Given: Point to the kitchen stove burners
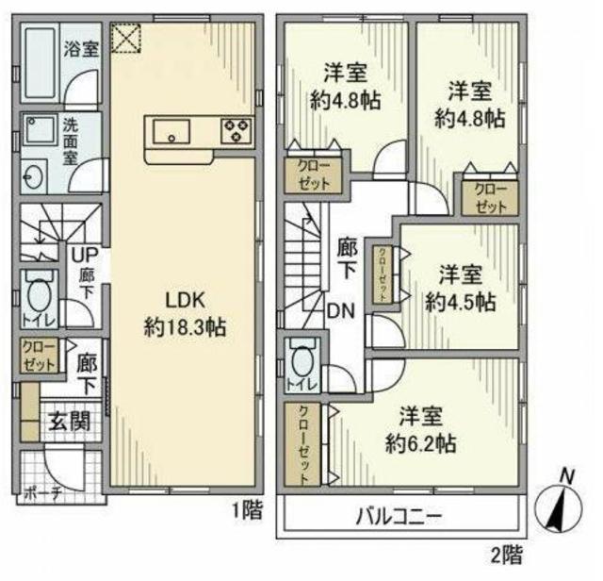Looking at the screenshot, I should pyautogui.click(x=235, y=130).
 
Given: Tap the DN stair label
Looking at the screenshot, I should pyautogui.click(x=341, y=308).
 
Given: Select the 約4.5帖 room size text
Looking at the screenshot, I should pyautogui.click(x=460, y=303).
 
